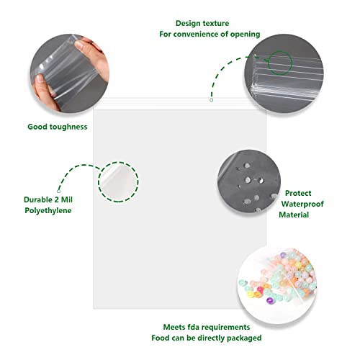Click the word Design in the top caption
188,24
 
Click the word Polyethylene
48,210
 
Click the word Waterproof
302,204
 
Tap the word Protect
298,193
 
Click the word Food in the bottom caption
160,338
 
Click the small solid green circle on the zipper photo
280,63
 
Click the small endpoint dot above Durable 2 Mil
58,192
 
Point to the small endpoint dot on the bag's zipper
211,100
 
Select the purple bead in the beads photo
270,300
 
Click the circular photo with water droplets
249,181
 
